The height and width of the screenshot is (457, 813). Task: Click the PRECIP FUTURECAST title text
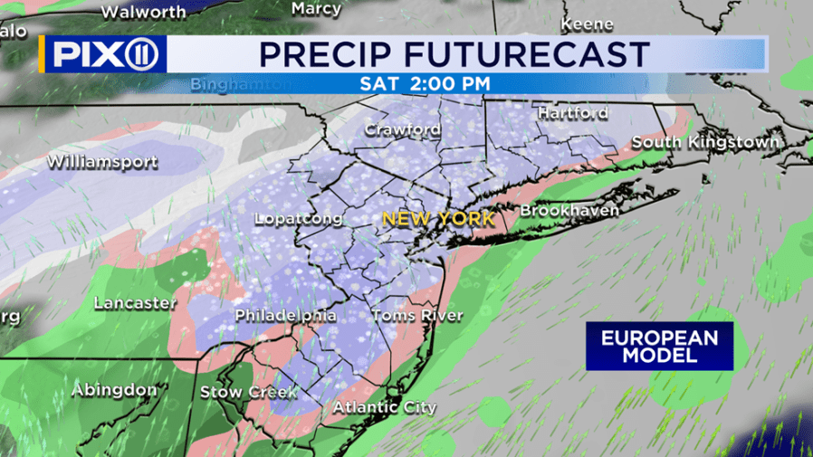click(x=454, y=53)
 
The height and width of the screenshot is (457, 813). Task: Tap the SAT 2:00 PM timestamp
click(x=426, y=82)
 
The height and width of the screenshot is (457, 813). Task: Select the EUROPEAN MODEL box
click(x=659, y=347)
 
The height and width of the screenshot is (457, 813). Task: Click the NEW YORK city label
click(x=438, y=219)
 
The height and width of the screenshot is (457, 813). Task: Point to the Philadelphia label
click(x=286, y=316)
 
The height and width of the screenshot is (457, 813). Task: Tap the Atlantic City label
click(x=385, y=407)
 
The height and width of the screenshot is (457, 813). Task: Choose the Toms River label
click(x=417, y=316)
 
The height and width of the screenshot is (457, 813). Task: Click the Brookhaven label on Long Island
click(x=569, y=210)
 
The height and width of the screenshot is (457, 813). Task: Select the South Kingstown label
click(x=705, y=142)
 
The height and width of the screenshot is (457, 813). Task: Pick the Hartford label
click(x=572, y=113)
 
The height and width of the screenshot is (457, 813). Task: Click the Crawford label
click(x=403, y=129)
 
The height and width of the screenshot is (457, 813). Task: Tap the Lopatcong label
click(x=299, y=219)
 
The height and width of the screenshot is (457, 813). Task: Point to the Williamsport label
click(x=102, y=163)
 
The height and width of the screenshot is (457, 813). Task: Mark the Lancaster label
click(x=135, y=302)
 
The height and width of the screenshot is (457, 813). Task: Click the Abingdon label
click(x=115, y=390)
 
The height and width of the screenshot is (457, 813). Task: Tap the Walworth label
click(x=143, y=12)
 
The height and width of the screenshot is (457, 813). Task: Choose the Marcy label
click(x=317, y=9)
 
